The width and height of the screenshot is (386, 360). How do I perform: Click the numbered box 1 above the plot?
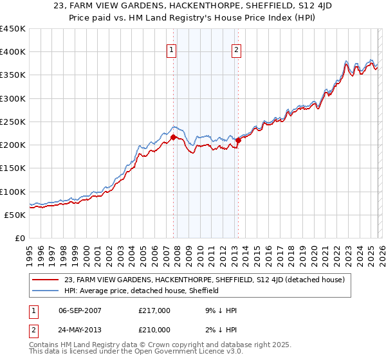coord(172,51)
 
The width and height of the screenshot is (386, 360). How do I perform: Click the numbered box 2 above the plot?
coord(237,51)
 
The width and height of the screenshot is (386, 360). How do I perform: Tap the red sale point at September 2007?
coord(173,137)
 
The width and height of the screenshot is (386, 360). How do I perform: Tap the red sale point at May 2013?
coord(238,140)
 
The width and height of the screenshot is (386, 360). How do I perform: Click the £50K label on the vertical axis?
coord(15,215)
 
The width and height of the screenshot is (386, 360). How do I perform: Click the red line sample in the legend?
coord(46,280)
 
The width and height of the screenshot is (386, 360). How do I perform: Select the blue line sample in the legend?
coord(46,291)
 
